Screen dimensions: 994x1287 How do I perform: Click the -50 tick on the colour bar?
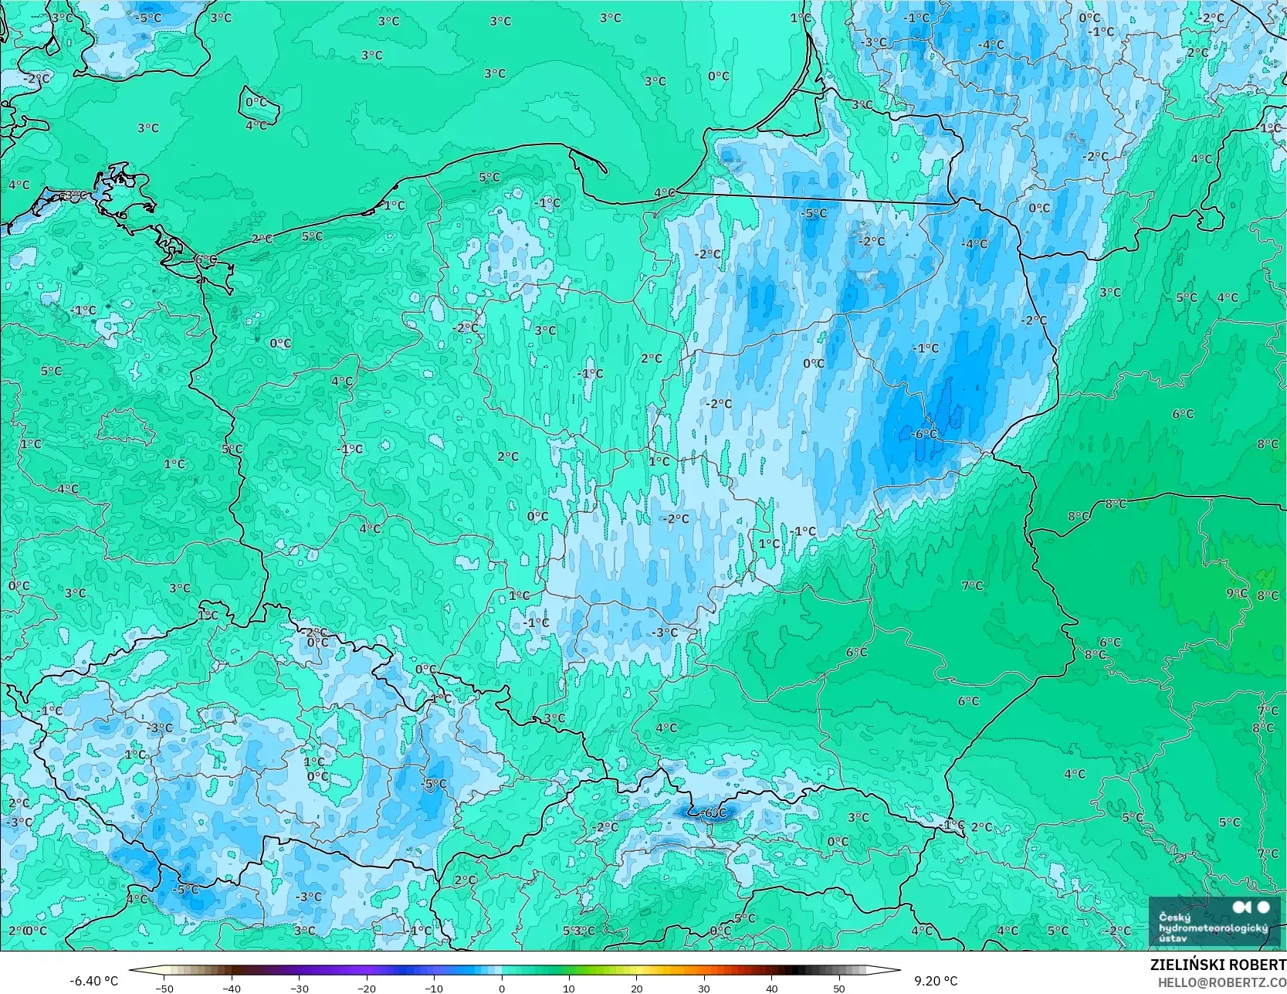click(x=164, y=988)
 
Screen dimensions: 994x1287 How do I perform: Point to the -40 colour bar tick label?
click(x=232, y=988)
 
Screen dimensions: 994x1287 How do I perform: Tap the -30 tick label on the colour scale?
click(x=300, y=988)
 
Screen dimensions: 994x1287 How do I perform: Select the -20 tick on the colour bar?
click(x=367, y=988)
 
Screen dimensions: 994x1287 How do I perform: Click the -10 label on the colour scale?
click(x=434, y=988)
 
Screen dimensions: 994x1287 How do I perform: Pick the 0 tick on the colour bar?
click(x=502, y=988)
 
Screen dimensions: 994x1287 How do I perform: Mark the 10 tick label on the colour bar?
click(x=569, y=988)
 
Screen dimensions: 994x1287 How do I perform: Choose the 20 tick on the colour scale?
click(x=636, y=988)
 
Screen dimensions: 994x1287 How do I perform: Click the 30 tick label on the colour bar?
click(x=704, y=988)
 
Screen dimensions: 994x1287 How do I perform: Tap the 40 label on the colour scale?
click(x=771, y=988)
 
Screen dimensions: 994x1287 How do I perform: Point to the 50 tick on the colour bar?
click(x=839, y=988)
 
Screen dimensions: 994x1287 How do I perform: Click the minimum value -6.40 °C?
click(x=94, y=981)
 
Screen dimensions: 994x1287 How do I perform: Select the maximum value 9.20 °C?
click(x=936, y=981)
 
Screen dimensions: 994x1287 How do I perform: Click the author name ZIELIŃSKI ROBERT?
click(x=1218, y=965)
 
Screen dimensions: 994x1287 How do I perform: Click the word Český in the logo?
click(x=1175, y=917)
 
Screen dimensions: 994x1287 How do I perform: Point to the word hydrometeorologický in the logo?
click(x=1213, y=927)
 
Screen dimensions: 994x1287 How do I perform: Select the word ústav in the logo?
click(x=1174, y=938)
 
